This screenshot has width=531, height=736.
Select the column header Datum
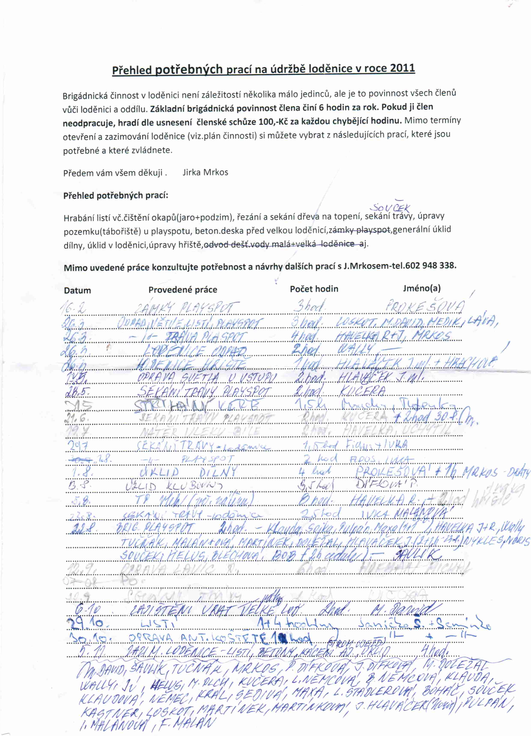click(x=77, y=290)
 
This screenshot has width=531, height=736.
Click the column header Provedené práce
click(x=183, y=290)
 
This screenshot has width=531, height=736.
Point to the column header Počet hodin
click(x=314, y=289)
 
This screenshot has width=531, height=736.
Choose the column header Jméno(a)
click(x=422, y=288)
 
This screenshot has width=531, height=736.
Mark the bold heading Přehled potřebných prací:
click(x=116, y=196)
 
